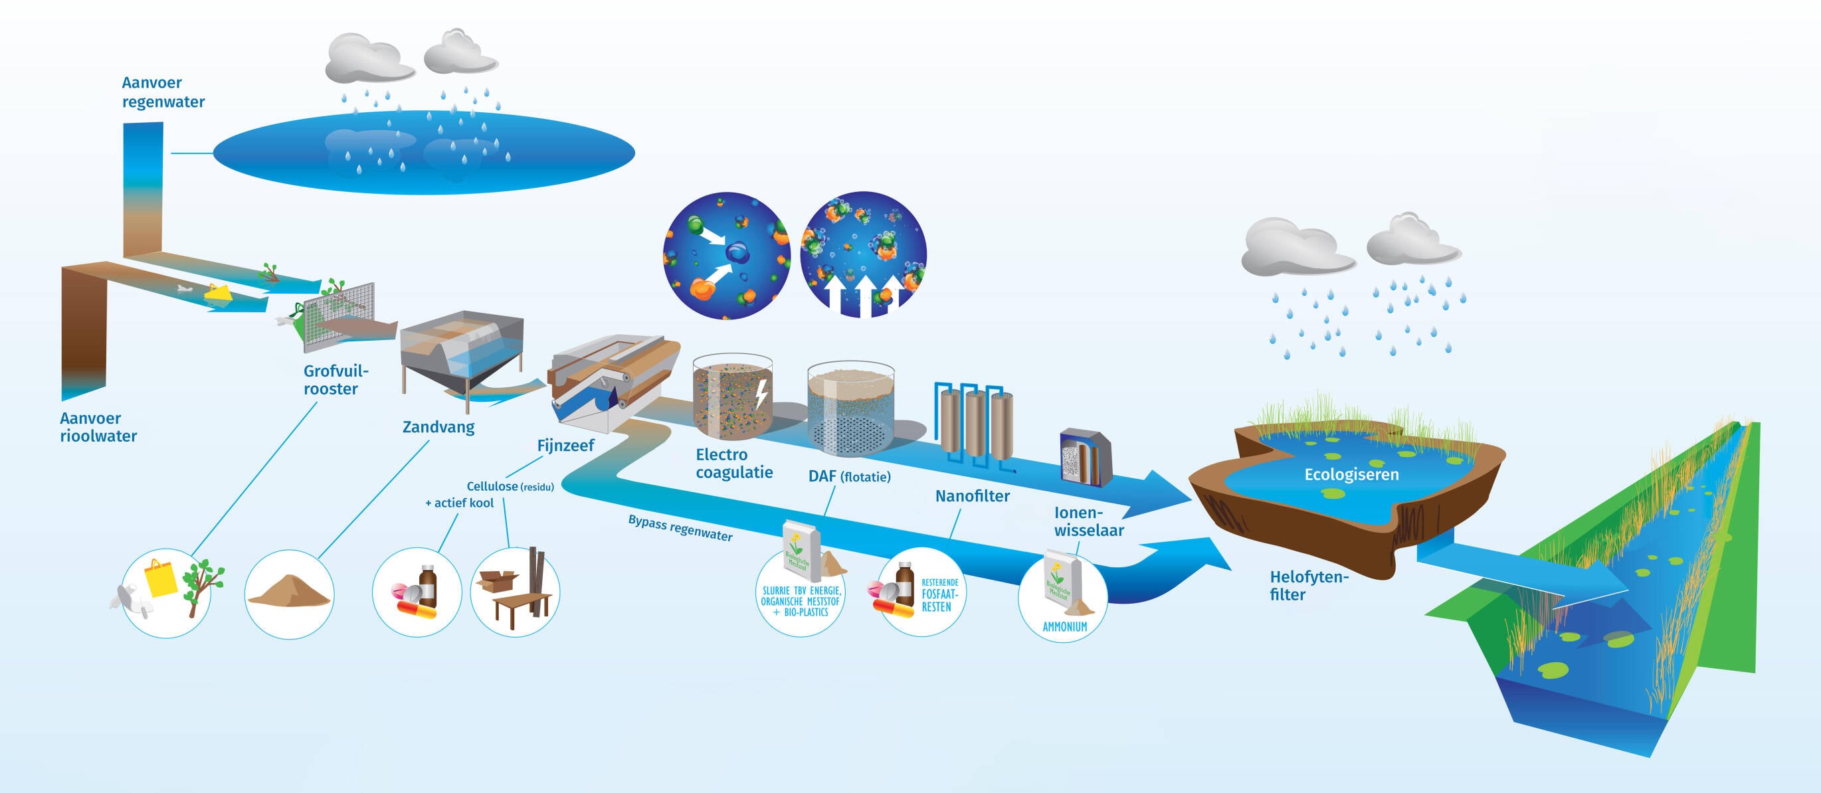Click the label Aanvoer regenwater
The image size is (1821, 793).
click(x=163, y=92)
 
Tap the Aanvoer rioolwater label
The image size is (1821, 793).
click(x=98, y=427)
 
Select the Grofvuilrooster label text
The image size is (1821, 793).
click(x=335, y=379)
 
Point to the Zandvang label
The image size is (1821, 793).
click(x=438, y=427)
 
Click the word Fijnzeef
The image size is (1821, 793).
click(x=565, y=445)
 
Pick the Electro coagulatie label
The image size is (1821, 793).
click(x=733, y=463)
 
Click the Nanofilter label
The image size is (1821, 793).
click(x=972, y=496)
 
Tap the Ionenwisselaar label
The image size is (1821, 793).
click(x=1089, y=521)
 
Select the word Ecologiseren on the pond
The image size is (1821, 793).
click(x=1351, y=474)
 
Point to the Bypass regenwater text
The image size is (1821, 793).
click(x=680, y=528)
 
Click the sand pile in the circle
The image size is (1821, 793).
click(x=289, y=590)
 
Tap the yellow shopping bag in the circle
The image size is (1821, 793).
click(x=161, y=578)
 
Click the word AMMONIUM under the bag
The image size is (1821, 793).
click(x=1064, y=627)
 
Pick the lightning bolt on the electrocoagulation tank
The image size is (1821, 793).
click(x=761, y=393)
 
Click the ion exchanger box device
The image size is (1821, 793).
click(x=1085, y=458)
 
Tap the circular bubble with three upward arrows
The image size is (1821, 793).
click(x=863, y=254)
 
